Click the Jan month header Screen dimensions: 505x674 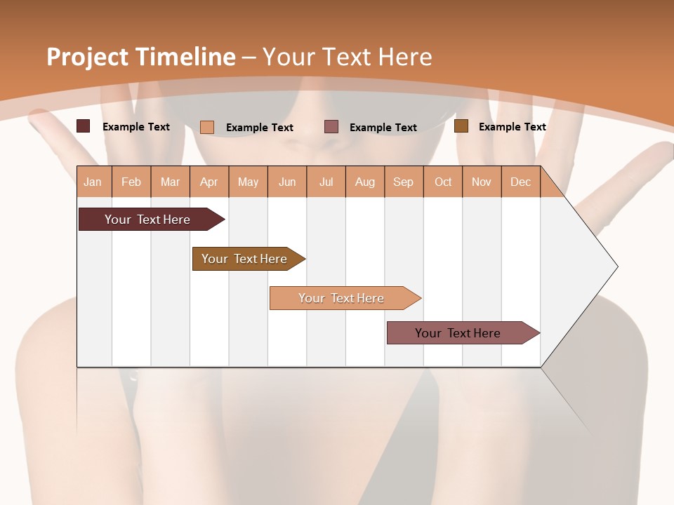click(93, 182)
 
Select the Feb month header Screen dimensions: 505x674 click(131, 182)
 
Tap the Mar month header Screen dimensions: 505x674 click(170, 182)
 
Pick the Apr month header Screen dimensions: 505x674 click(209, 182)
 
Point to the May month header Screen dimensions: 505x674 click(248, 182)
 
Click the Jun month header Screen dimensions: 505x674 click(287, 182)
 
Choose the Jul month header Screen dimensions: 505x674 click(326, 182)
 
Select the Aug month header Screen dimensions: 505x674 click(365, 182)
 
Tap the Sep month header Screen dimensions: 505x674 click(404, 182)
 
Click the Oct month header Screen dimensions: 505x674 click(443, 182)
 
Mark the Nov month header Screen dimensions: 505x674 click(482, 182)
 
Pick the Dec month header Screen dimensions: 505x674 click(521, 182)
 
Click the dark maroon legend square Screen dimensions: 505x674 click(83, 126)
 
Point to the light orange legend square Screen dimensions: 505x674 click(206, 127)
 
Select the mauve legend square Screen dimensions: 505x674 click(331, 126)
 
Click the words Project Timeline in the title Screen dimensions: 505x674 click(141, 57)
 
